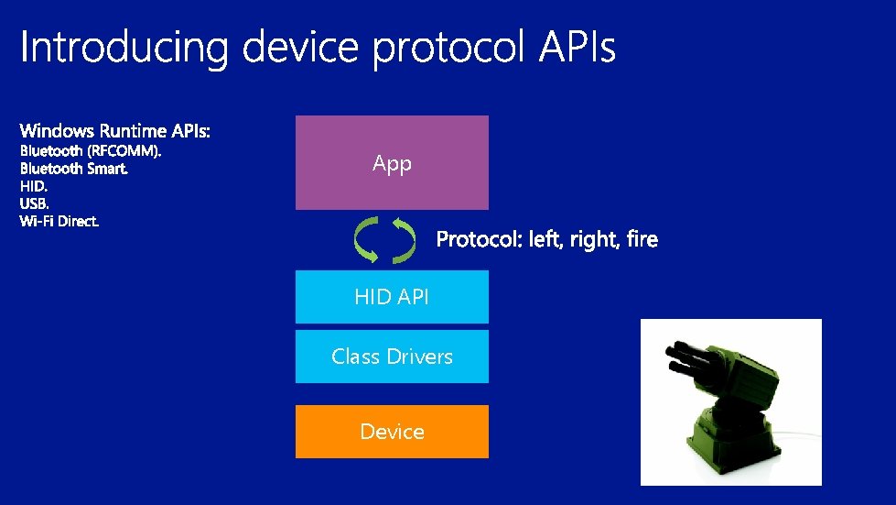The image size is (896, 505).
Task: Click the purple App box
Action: pyautogui.click(x=392, y=163)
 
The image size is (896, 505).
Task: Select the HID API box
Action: pyautogui.click(x=392, y=296)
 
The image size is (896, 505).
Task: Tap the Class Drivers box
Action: pyautogui.click(x=392, y=357)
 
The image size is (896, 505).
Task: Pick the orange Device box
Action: pyautogui.click(x=392, y=431)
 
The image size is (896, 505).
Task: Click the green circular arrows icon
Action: pyautogui.click(x=383, y=240)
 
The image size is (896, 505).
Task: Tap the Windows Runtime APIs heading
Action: pyautogui.click(x=115, y=132)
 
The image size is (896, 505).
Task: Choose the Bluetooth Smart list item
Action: pyautogui.click(x=74, y=169)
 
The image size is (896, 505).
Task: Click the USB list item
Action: pyautogui.click(x=35, y=203)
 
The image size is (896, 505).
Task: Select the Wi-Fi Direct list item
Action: pyautogui.click(x=59, y=221)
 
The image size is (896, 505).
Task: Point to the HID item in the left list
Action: pyautogui.click(x=34, y=186)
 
